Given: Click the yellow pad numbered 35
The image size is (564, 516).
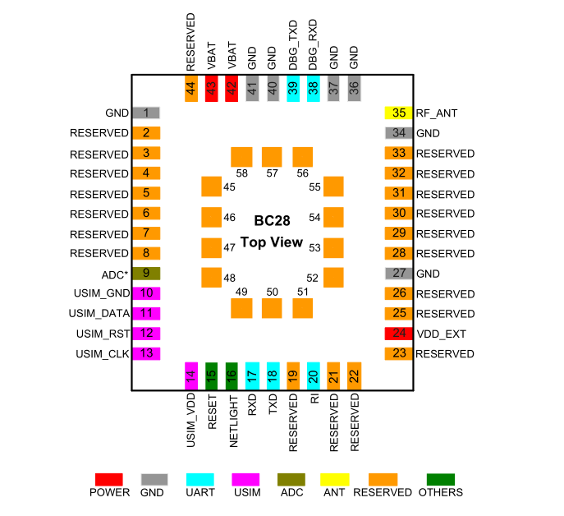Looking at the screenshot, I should (x=398, y=113).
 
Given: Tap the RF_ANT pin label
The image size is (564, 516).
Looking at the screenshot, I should (x=435, y=113).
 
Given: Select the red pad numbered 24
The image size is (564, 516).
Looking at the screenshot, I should (x=398, y=334).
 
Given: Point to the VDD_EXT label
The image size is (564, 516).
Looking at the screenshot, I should (x=441, y=334).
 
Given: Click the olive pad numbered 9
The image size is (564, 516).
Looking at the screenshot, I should (x=148, y=274).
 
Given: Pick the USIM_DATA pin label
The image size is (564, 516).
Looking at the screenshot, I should (x=99, y=314).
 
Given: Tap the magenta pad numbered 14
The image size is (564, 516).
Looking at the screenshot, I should (x=191, y=375).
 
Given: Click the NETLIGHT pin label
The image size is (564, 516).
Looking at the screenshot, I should (x=232, y=419).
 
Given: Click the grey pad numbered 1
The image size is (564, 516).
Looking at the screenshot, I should (x=148, y=113).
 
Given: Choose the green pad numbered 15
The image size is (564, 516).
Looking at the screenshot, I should (x=212, y=375).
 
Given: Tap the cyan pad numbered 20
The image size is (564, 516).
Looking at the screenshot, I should (x=313, y=375).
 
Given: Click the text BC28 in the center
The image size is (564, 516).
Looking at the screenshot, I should (x=271, y=221).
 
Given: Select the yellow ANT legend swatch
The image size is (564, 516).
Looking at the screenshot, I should (x=334, y=479).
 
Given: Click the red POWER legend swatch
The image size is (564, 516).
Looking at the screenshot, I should (x=109, y=479).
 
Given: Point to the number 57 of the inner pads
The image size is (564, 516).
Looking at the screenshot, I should (x=272, y=174).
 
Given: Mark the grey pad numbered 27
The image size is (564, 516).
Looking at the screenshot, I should (x=398, y=274).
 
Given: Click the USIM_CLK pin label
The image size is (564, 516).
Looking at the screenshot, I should (x=101, y=354).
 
